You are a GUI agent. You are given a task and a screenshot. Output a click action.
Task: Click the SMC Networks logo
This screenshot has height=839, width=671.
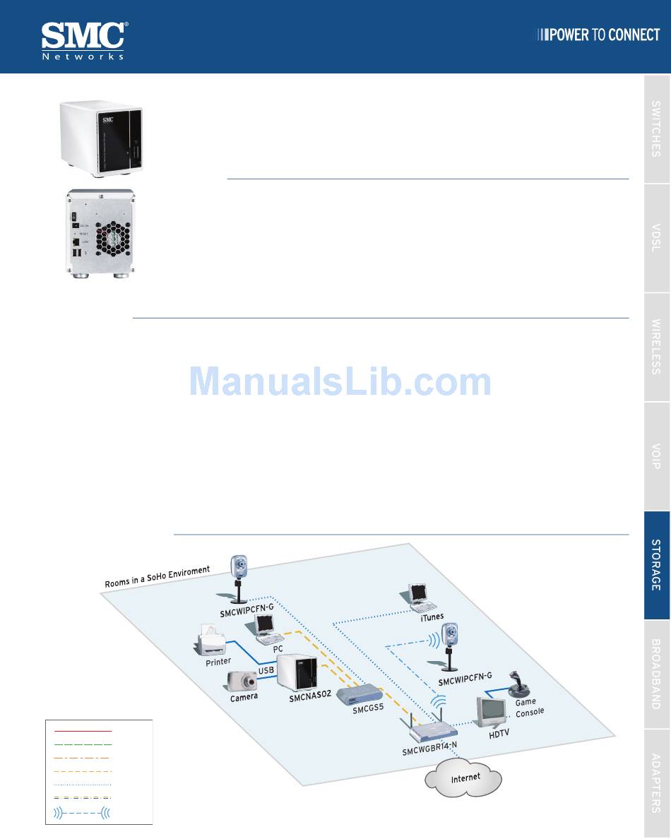point(84,40)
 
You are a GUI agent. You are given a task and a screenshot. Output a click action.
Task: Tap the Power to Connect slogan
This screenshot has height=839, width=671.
point(599,35)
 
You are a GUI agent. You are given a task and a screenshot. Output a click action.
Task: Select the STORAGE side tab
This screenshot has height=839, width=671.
point(656,565)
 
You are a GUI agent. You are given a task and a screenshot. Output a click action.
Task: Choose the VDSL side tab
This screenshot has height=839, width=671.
point(656,239)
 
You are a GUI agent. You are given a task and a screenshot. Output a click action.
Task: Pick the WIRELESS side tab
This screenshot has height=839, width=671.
point(656,347)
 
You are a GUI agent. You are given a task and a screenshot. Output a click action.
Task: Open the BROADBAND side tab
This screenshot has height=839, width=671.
point(656,674)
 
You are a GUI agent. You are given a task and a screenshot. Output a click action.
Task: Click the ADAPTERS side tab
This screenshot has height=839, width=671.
point(656,783)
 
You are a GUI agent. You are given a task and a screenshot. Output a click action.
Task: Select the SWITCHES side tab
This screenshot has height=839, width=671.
point(656,129)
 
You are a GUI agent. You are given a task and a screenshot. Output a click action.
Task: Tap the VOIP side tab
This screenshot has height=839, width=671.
point(656,456)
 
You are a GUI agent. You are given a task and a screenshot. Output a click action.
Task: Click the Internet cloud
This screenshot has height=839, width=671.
point(463,778)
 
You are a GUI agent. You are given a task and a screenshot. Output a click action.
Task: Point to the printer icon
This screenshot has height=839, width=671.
point(213,641)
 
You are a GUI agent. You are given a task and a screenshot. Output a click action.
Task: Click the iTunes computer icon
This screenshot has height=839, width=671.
point(422,597)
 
